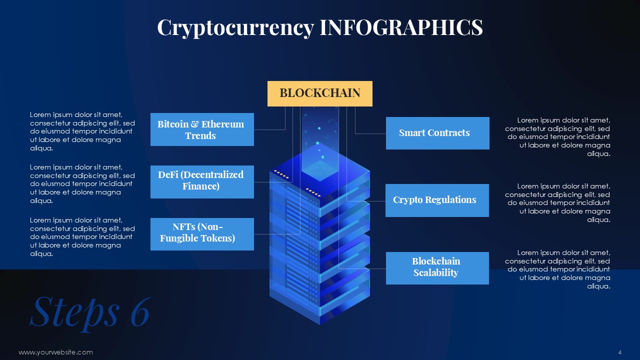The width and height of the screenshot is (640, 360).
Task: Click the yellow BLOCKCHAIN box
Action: point(319,93)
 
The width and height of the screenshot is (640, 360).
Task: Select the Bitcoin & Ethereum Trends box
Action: point(202,129)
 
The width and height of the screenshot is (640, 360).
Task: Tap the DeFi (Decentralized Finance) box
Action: point(202,181)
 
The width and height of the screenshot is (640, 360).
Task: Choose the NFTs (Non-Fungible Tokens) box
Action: point(202,234)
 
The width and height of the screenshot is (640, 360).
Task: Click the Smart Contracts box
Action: point(437,133)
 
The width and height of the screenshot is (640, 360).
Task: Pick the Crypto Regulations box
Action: point(437,200)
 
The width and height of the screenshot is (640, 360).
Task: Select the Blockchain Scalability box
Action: point(437,268)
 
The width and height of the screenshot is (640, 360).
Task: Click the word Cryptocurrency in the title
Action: point(235,28)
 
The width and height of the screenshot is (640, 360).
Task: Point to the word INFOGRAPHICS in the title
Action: point(401,27)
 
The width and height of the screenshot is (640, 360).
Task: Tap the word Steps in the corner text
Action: point(75,313)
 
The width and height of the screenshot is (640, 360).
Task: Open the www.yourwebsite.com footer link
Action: point(55,352)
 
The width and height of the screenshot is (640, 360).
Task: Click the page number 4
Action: point(619,352)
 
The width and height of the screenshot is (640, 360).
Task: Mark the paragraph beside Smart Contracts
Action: point(557,137)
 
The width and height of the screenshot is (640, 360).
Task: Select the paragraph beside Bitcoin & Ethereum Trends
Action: point(82,131)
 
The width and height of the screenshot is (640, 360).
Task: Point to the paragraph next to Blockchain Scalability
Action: point(557,269)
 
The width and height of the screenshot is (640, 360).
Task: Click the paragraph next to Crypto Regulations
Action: point(557,203)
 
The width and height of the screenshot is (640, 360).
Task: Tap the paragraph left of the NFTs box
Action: point(82,237)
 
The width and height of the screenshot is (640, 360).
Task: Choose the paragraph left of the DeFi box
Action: point(82,183)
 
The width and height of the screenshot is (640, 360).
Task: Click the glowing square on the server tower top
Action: point(320,170)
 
